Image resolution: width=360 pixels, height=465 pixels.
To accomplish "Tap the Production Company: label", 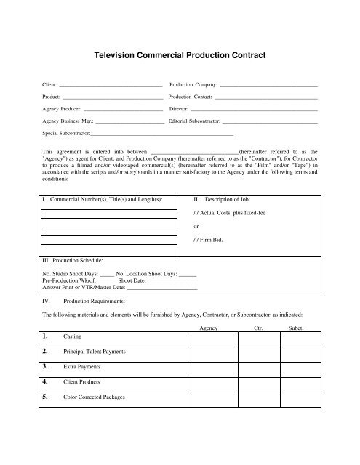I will pyautogui.click(x=192, y=86).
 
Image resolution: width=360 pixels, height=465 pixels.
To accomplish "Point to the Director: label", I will pyautogui.click(x=178, y=109).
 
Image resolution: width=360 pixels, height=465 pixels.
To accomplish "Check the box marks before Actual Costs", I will pyautogui.click(x=196, y=212).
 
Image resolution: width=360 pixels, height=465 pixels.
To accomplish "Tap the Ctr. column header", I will pyautogui.click(x=257, y=329).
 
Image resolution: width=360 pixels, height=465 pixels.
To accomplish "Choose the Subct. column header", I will pyautogui.click(x=296, y=329).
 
